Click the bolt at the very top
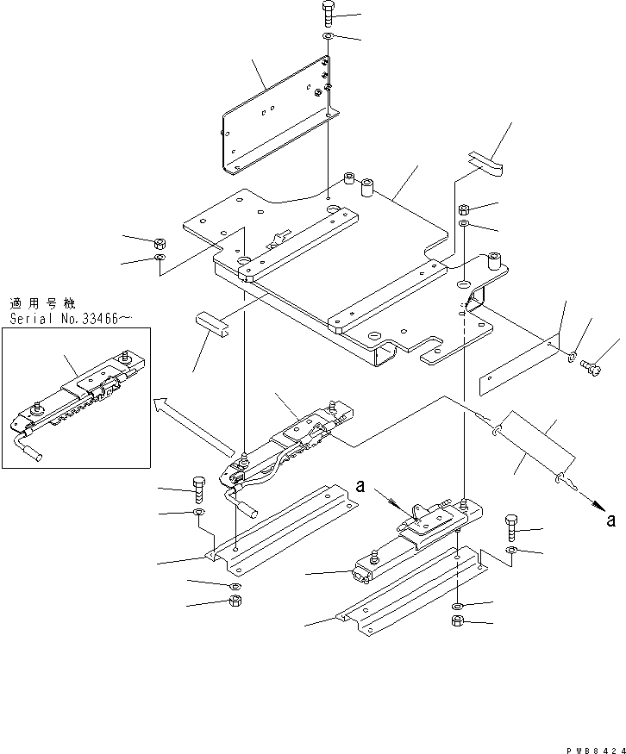(x=329, y=15)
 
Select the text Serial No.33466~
(x=72, y=318)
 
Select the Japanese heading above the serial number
(x=42, y=303)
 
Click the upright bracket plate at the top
(x=276, y=115)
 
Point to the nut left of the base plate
(x=160, y=244)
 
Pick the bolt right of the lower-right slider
(x=510, y=526)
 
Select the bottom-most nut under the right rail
(x=457, y=620)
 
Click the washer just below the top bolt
(x=329, y=39)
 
